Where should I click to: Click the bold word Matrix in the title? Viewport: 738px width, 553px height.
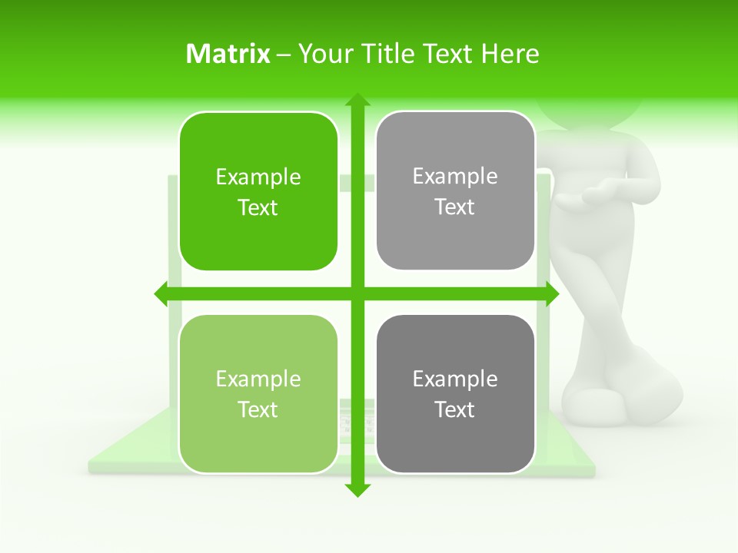click(228, 54)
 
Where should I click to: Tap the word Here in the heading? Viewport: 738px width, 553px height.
click(510, 54)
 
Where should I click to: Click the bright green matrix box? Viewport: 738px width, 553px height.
click(258, 191)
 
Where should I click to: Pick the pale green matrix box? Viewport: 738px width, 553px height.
click(258, 394)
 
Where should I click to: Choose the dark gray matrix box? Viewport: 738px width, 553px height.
click(455, 394)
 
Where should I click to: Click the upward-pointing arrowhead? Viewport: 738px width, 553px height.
click(357, 100)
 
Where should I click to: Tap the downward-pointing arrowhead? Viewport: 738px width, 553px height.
click(357, 489)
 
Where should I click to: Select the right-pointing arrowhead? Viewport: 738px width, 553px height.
click(551, 293)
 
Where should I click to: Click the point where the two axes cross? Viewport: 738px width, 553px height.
click(357, 293)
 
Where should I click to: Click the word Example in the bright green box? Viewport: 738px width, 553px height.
click(258, 177)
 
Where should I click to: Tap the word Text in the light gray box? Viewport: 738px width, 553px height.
click(455, 207)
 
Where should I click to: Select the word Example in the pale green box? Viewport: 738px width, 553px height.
click(258, 379)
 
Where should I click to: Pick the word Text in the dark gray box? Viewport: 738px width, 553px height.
click(455, 409)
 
